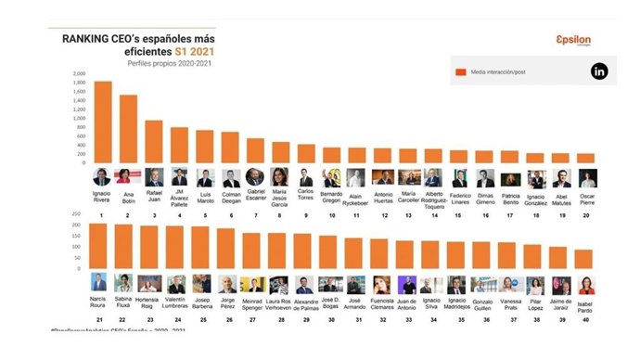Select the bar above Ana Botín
coord(128,129)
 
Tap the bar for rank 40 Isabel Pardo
coord(584,259)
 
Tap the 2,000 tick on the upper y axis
coord(78,73)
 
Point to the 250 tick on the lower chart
coord(78,223)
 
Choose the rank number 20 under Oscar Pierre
coord(586,214)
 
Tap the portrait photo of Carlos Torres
coord(305,177)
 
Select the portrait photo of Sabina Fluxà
coord(122,282)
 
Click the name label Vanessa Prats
coord(534,305)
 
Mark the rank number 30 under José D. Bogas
coord(328,320)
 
